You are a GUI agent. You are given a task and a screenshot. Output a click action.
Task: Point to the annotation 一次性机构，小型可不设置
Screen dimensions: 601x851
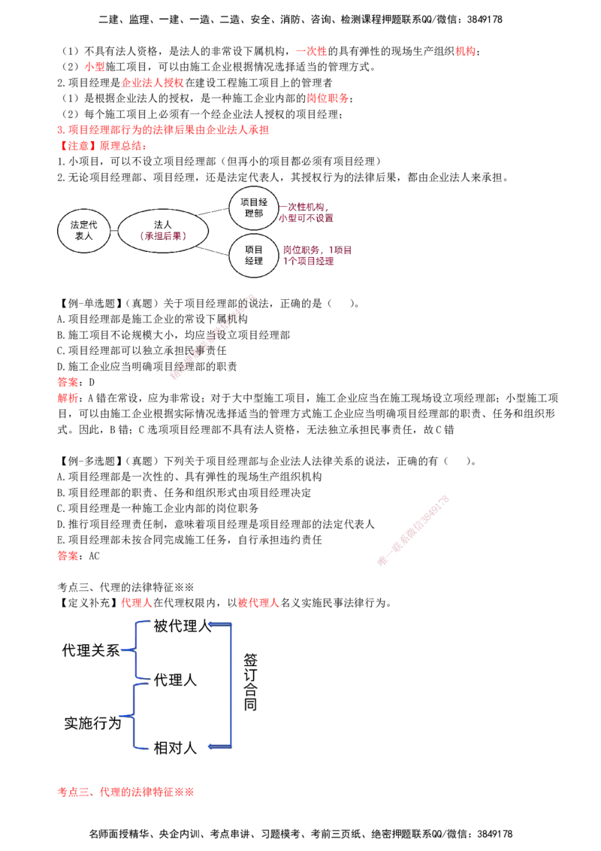click(x=306, y=213)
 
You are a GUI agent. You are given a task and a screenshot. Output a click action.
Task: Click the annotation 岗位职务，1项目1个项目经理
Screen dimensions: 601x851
click(x=317, y=256)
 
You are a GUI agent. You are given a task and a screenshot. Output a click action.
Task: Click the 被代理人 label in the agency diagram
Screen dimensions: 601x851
click(x=182, y=626)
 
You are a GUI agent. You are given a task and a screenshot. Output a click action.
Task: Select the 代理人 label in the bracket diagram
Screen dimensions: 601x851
click(x=174, y=680)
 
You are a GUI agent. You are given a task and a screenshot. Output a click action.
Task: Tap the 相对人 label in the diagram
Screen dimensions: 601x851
click(x=174, y=748)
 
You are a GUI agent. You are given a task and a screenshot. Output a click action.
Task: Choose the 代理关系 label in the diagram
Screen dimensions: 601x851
click(x=91, y=650)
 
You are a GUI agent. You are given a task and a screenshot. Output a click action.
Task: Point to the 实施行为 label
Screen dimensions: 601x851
click(x=92, y=723)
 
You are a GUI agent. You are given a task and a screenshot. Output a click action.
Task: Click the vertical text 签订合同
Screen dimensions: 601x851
click(x=250, y=682)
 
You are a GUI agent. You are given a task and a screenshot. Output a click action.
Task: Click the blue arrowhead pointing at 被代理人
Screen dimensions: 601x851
click(x=213, y=625)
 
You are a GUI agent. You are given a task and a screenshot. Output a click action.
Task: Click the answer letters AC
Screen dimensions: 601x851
click(x=95, y=556)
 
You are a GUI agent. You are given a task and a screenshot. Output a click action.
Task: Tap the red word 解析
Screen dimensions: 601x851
click(x=68, y=398)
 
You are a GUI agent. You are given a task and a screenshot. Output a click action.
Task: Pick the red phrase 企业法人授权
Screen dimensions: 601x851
click(x=153, y=83)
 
